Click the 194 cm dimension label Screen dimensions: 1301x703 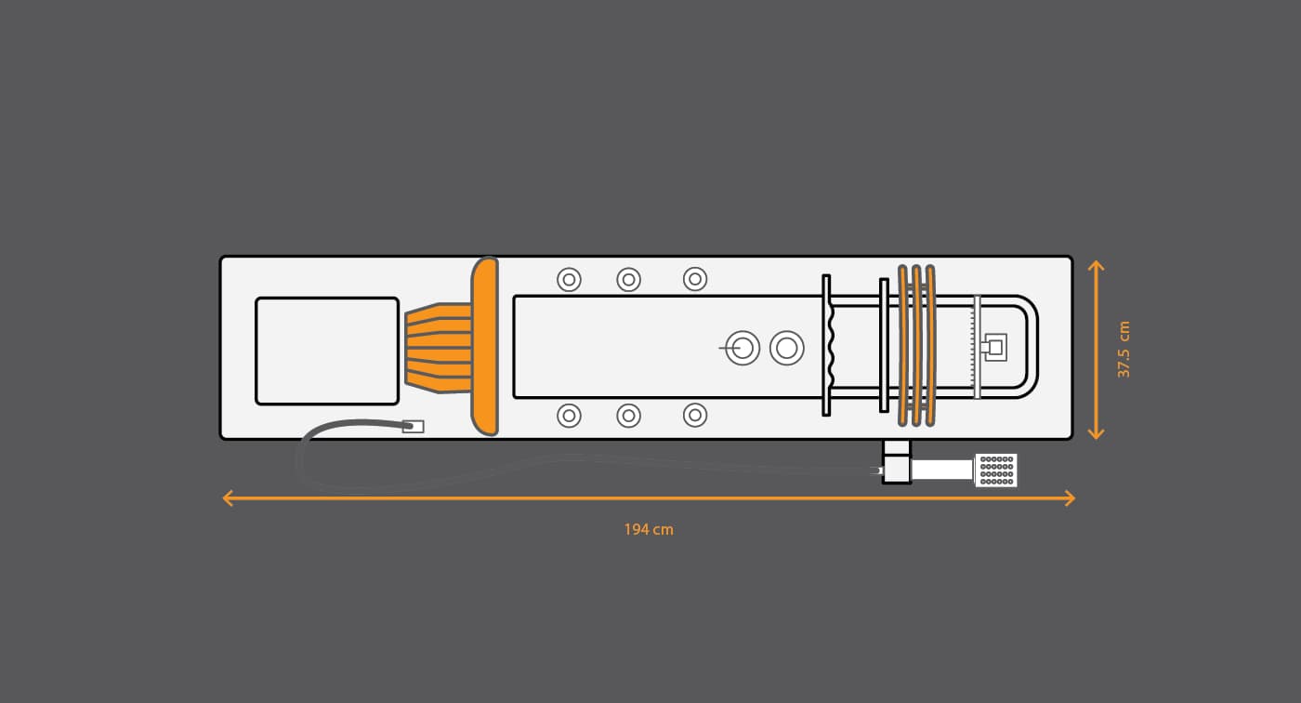click(x=649, y=529)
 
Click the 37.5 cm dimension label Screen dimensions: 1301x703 click(x=1124, y=350)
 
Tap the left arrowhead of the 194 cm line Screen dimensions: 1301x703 click(x=228, y=497)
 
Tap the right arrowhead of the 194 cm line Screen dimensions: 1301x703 click(x=1070, y=497)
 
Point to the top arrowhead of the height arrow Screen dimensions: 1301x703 click(x=1096, y=266)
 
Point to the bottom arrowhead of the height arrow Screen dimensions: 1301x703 click(x=1096, y=434)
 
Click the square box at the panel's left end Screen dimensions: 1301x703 click(x=327, y=351)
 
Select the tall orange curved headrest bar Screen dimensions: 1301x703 click(x=485, y=346)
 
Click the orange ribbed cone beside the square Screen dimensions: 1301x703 click(x=438, y=348)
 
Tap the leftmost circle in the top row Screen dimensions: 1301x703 click(x=569, y=280)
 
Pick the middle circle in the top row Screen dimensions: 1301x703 click(x=628, y=280)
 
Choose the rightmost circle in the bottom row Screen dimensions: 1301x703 click(x=695, y=416)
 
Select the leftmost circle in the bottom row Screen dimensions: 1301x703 click(x=569, y=416)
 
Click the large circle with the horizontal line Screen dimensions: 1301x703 click(x=742, y=348)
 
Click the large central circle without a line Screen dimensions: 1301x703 click(x=787, y=348)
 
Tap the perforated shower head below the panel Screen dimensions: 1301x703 click(x=996, y=470)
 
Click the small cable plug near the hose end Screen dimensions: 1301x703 click(x=413, y=427)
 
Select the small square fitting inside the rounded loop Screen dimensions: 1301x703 click(x=994, y=348)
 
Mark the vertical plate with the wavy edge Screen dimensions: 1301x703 click(x=828, y=345)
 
